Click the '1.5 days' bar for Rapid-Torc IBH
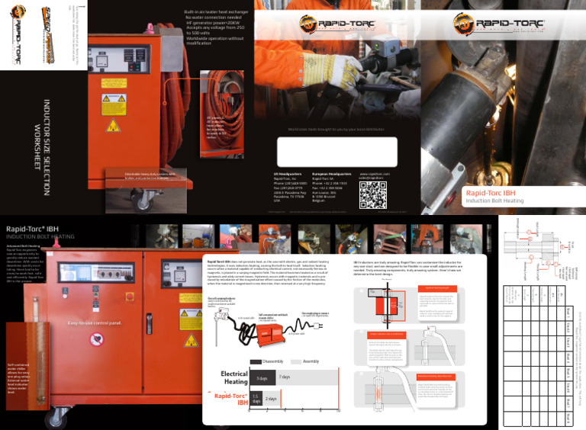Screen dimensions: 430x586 click(x=256, y=399)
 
